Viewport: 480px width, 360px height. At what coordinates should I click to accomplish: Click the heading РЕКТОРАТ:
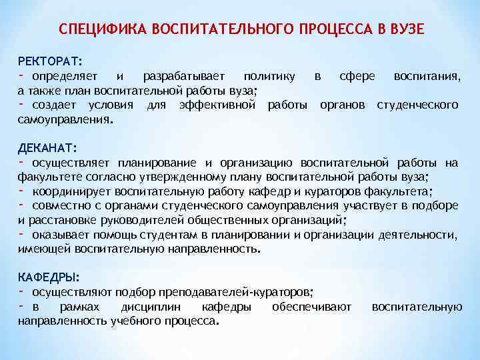tap(49, 62)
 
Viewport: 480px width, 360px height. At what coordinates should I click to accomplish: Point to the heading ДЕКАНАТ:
tap(47, 147)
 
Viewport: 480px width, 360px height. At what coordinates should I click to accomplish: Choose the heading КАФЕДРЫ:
tap(49, 276)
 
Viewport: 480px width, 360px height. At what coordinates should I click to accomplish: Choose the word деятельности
tap(417, 235)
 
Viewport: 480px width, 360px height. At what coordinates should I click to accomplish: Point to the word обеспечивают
tap(312, 307)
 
